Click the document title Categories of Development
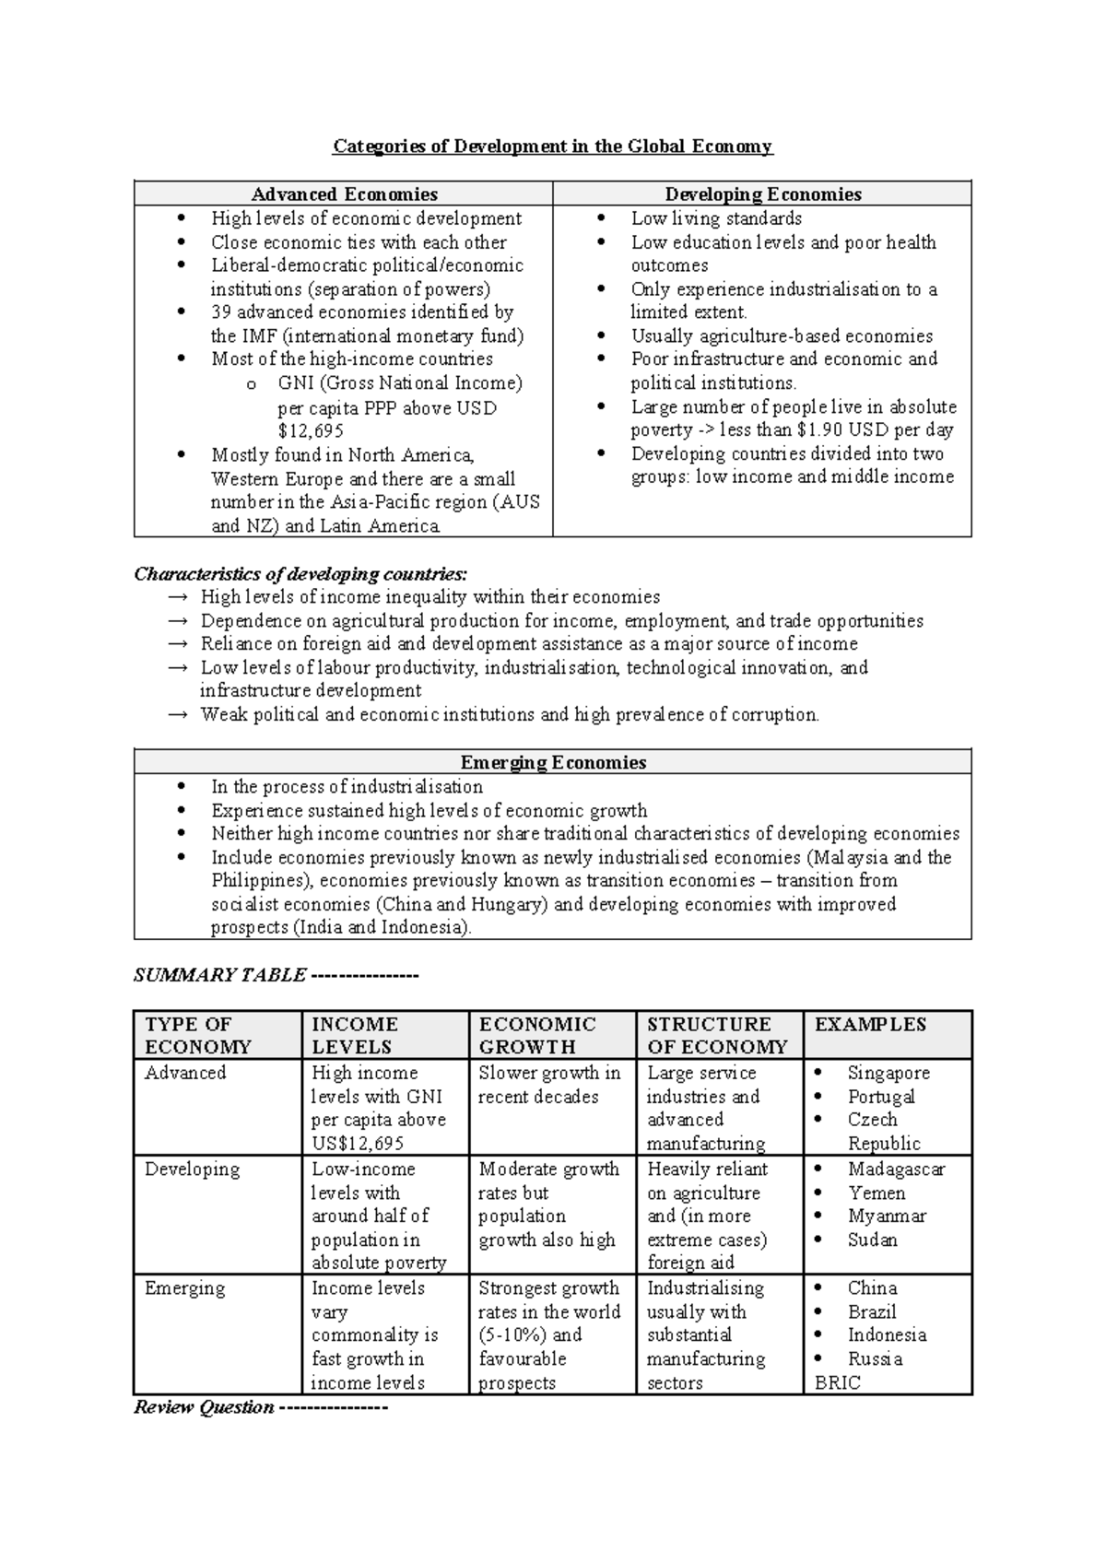click(552, 147)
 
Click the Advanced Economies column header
click(344, 194)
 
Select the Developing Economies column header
click(762, 194)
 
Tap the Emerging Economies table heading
click(552, 763)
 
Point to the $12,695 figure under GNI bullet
click(311, 431)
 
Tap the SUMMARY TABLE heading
click(219, 976)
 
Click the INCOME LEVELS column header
click(355, 1036)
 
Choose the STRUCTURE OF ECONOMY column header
click(717, 1036)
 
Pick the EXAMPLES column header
click(870, 1025)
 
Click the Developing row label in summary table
click(192, 1169)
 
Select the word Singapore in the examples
click(888, 1074)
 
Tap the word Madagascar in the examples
click(896, 1169)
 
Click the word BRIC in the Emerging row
click(838, 1383)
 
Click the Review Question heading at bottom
click(204, 1408)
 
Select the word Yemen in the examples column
click(876, 1193)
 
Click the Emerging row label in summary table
click(184, 1288)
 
